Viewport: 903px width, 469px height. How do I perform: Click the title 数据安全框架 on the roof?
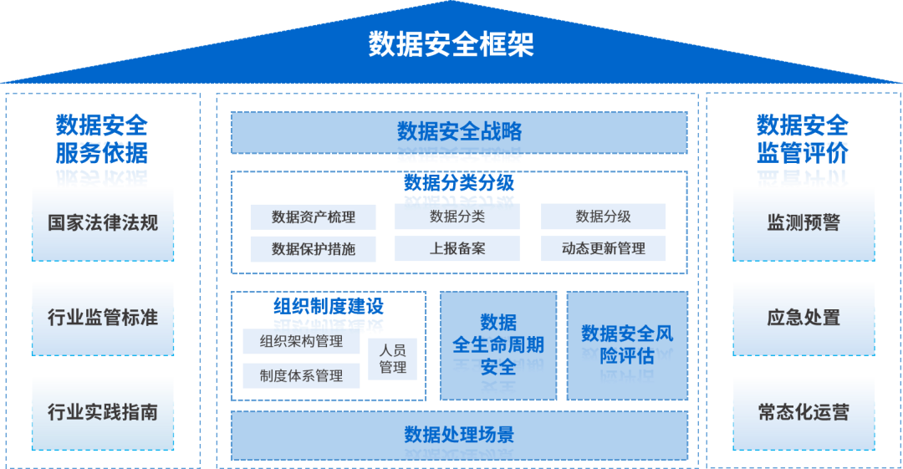(451, 44)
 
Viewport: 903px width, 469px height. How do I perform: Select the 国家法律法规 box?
(103, 223)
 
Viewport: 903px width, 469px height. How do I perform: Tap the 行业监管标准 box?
(103, 318)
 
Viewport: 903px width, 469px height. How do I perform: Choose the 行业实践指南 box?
(103, 412)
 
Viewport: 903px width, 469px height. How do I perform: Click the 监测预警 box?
(804, 223)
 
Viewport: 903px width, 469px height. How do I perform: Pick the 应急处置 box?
(804, 318)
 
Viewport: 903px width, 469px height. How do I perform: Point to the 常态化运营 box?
(804, 412)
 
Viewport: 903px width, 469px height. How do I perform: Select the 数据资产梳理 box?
(314, 217)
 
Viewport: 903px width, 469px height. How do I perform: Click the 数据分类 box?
(457, 217)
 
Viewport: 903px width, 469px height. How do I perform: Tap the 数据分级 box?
(603, 217)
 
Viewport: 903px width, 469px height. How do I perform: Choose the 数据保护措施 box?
(314, 249)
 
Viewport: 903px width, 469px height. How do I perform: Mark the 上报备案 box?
(457, 248)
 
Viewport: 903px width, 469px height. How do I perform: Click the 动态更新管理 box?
(603, 248)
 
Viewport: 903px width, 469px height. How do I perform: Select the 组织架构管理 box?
(301, 341)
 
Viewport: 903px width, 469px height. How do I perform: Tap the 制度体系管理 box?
(301, 376)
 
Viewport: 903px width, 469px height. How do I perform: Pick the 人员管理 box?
(392, 359)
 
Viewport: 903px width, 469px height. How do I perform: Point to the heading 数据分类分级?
(458, 181)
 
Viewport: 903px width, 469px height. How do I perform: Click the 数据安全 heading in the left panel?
(102, 125)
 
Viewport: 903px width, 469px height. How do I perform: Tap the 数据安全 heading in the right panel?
(803, 125)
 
